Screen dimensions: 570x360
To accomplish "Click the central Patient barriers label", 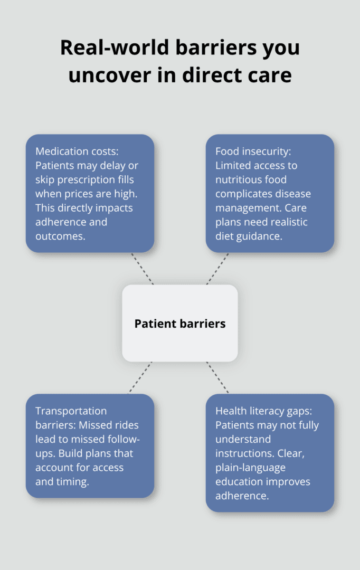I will pos(179,324).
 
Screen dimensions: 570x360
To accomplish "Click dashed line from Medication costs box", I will pos(142,268).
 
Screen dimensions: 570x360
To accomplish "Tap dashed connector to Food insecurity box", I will pos(217,268).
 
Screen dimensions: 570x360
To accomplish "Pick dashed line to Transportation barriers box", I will pos(140,377).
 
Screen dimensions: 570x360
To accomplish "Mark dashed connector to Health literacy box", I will pos(217,377).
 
